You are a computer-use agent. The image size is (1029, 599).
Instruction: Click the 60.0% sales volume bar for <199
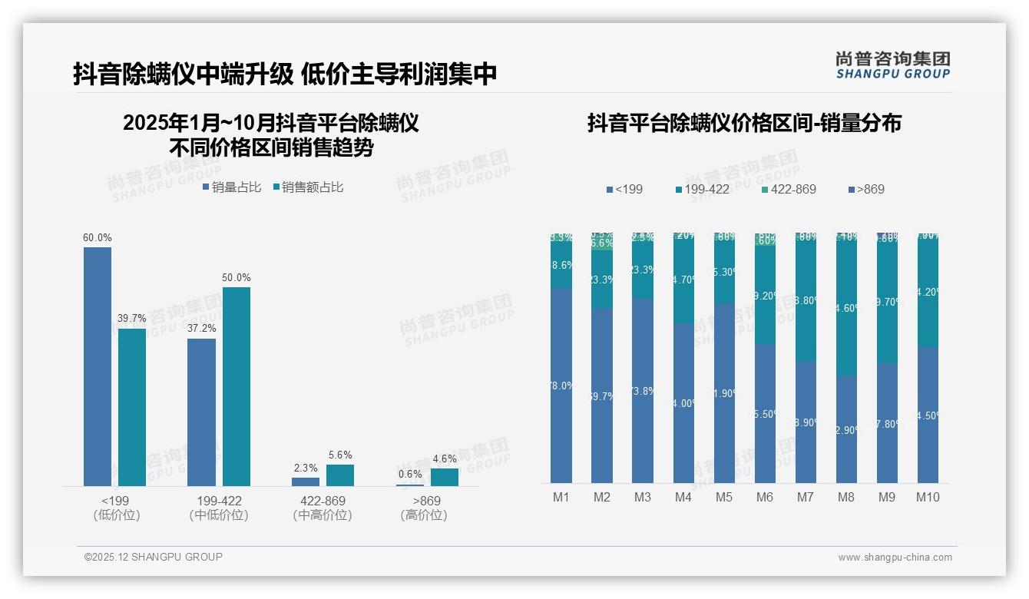(x=98, y=366)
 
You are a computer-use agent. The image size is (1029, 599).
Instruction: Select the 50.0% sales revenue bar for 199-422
(x=237, y=386)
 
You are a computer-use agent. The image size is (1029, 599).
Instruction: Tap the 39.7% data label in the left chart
(x=131, y=319)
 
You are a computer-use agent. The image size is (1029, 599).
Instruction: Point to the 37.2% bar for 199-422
(x=201, y=412)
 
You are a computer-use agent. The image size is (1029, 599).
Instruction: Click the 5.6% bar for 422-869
(x=340, y=475)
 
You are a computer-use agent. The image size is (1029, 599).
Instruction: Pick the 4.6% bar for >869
(x=445, y=477)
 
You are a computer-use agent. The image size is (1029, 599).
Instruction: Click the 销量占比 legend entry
(x=233, y=187)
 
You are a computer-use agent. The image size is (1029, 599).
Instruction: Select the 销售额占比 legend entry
(x=309, y=187)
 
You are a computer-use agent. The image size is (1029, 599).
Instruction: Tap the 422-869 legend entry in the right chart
(x=789, y=189)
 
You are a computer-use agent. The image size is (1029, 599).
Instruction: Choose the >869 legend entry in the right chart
(x=867, y=189)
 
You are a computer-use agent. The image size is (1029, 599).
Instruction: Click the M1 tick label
(x=561, y=497)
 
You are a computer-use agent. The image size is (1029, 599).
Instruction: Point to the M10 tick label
(x=928, y=497)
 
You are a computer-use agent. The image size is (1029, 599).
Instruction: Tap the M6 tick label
(x=765, y=497)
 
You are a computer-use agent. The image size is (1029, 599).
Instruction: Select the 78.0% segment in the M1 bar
(x=561, y=386)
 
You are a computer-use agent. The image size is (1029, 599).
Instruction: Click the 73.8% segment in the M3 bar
(x=643, y=391)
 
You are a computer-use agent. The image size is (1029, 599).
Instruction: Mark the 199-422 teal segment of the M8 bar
(x=846, y=307)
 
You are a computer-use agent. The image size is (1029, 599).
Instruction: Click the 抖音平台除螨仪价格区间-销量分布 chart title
(x=744, y=123)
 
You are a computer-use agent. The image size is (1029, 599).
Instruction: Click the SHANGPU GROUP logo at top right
(x=893, y=65)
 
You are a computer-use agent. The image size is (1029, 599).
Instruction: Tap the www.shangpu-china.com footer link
(x=895, y=558)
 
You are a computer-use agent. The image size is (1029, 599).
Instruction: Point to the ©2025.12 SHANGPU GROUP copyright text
(x=154, y=557)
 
